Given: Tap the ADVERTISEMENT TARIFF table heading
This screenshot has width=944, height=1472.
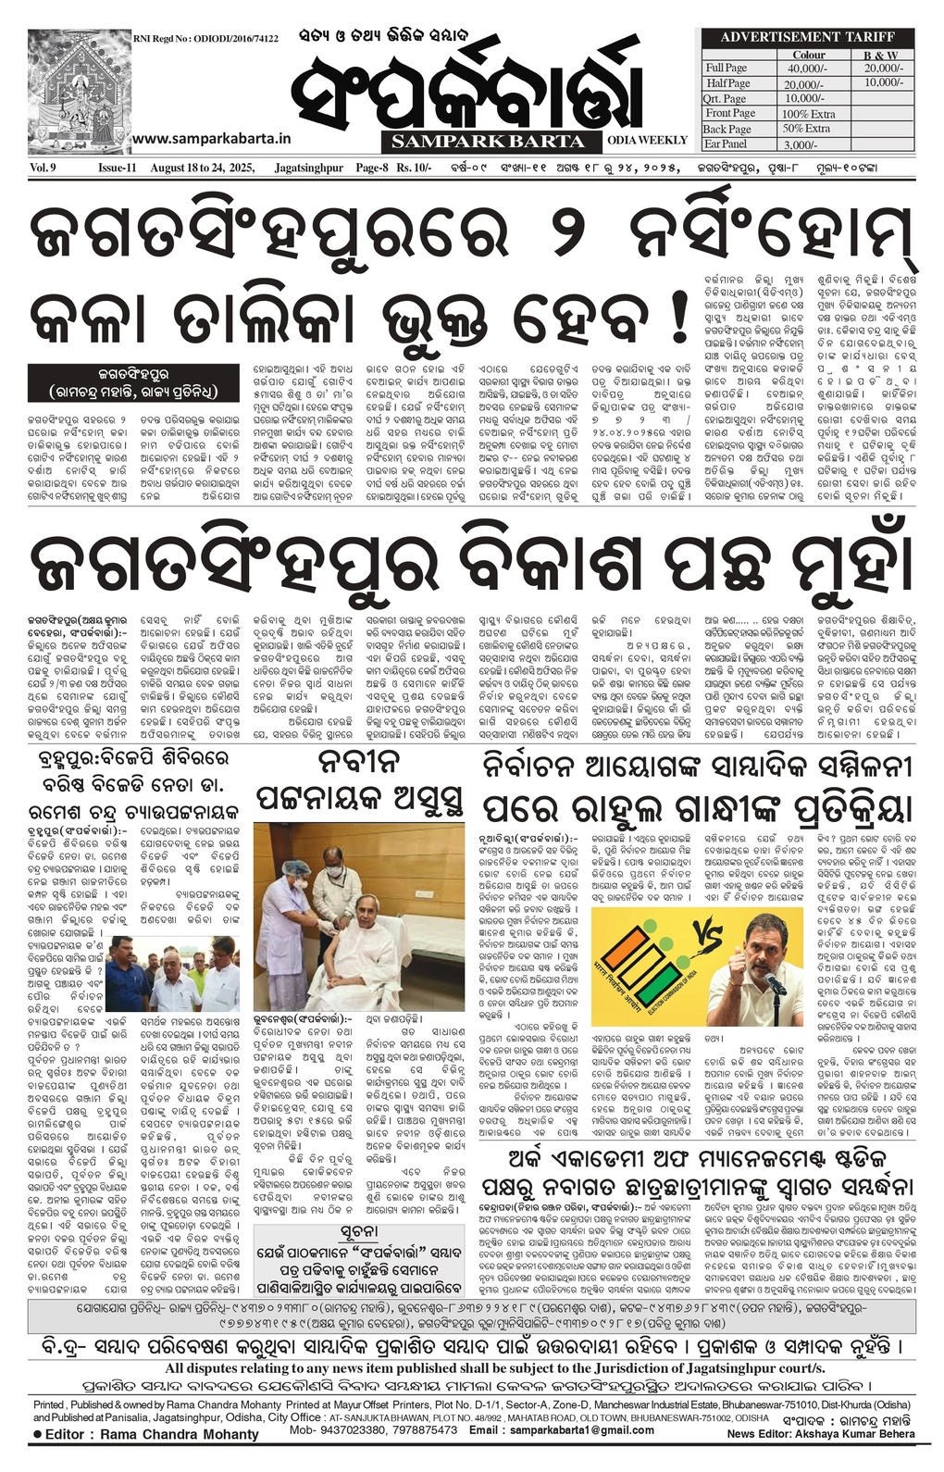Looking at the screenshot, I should tap(807, 37).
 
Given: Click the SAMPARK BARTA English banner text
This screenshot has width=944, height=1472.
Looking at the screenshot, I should tap(488, 142).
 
